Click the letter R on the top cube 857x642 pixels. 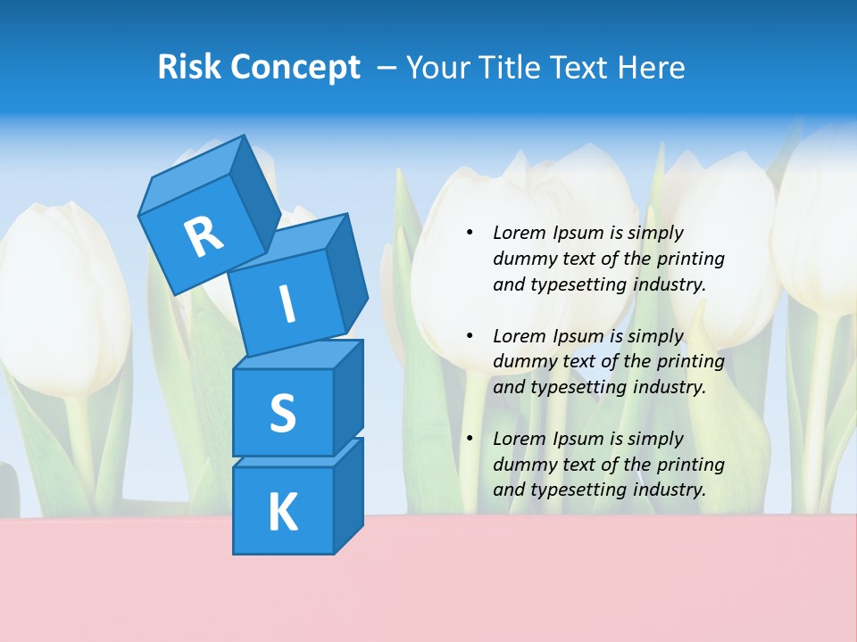pos(204,236)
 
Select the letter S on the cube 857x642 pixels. pos(282,413)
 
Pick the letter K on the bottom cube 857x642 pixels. pos(282,512)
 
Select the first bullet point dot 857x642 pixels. pos(470,233)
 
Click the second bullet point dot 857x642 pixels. pos(470,336)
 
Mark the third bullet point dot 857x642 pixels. pos(470,439)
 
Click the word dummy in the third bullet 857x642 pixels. pos(521,464)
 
